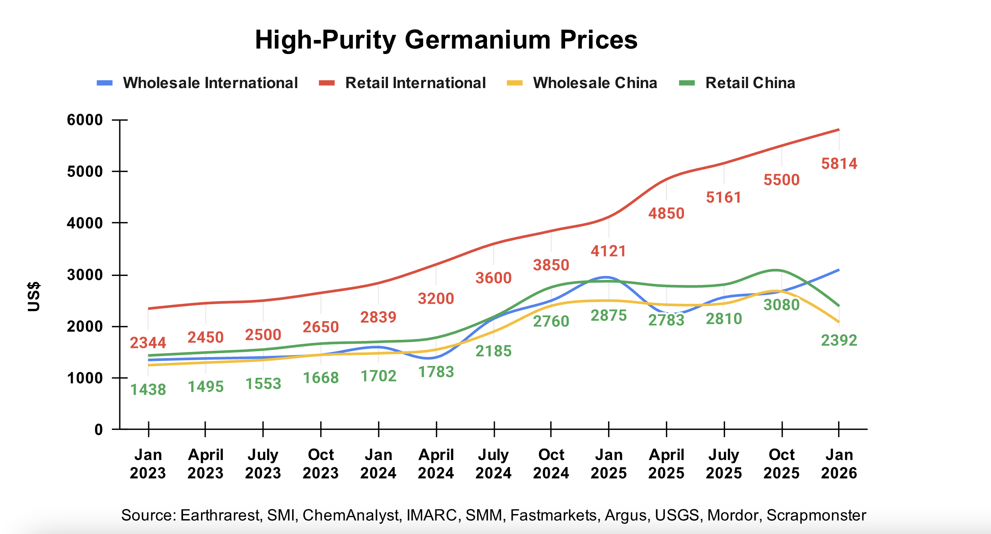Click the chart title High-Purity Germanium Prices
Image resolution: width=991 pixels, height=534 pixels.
pyautogui.click(x=446, y=40)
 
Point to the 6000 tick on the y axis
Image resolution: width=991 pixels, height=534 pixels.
pyautogui.click(x=85, y=120)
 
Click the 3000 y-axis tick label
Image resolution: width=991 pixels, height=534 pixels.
pyautogui.click(x=85, y=275)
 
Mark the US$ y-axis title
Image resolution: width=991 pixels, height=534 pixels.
pyautogui.click(x=34, y=296)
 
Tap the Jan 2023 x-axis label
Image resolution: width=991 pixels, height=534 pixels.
pyautogui.click(x=148, y=464)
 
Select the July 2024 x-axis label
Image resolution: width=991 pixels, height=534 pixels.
pyautogui.click(x=494, y=464)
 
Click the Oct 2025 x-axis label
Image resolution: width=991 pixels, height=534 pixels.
pyautogui.click(x=781, y=464)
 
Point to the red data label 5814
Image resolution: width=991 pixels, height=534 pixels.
pyautogui.click(x=839, y=164)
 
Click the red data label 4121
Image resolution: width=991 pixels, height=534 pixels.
pyautogui.click(x=609, y=251)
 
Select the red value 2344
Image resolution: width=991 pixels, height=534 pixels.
pyautogui.click(x=148, y=343)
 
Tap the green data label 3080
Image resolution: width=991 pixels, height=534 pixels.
pyautogui.click(x=781, y=305)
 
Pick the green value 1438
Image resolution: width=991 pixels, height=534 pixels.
pyautogui.click(x=148, y=390)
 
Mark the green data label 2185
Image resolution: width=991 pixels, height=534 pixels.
pyautogui.click(x=494, y=351)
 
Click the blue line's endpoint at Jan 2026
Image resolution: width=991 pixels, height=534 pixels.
pyautogui.click(x=838, y=270)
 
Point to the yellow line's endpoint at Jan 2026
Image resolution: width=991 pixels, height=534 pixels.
pyautogui.click(x=838, y=322)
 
